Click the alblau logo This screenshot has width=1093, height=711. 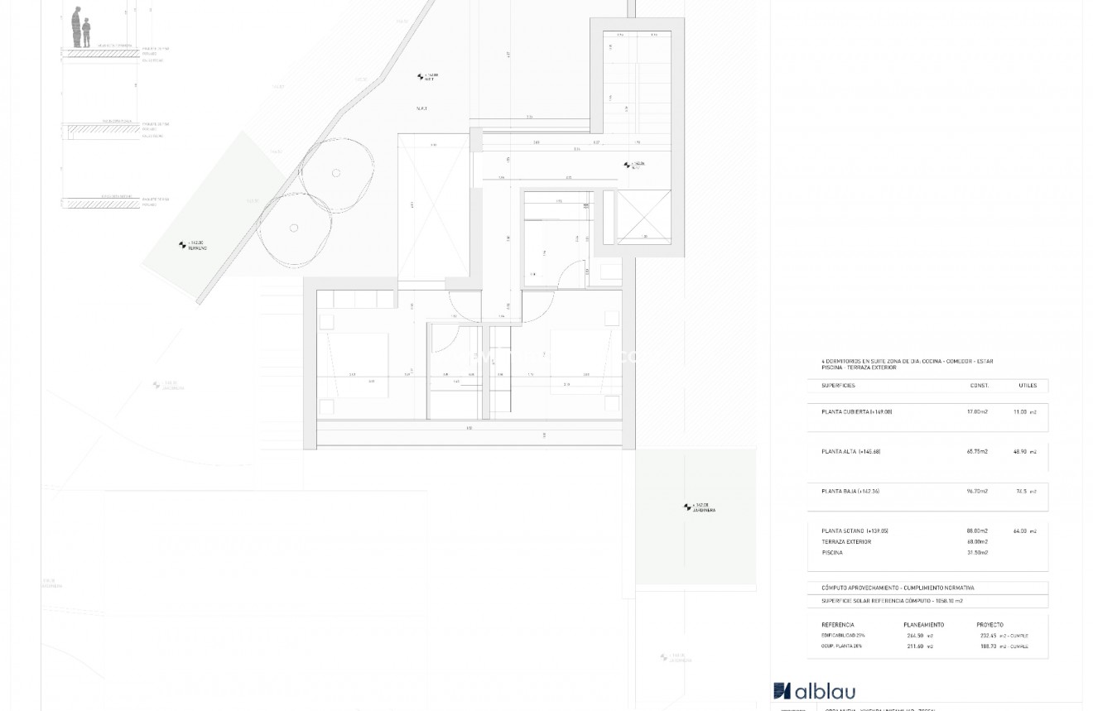tap(814, 691)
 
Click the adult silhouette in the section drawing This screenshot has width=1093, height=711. tap(76, 26)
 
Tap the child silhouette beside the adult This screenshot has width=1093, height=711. tap(86, 33)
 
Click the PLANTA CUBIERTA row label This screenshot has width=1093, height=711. tap(856, 411)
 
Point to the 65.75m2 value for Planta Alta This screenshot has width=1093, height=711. tap(977, 452)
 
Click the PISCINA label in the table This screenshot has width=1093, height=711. tap(832, 553)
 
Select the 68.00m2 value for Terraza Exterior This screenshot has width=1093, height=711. tap(977, 542)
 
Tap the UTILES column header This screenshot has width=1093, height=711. tap(1028, 386)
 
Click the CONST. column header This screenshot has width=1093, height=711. tap(980, 386)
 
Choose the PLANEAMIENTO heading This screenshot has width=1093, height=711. tap(923, 625)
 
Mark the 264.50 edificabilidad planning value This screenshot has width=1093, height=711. tap(916, 636)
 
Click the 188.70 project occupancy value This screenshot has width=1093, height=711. tap(989, 646)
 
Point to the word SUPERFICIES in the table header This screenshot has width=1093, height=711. tap(838, 386)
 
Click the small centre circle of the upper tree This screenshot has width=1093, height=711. tap(336, 173)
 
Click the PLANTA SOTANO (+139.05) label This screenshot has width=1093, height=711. tap(855, 531)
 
